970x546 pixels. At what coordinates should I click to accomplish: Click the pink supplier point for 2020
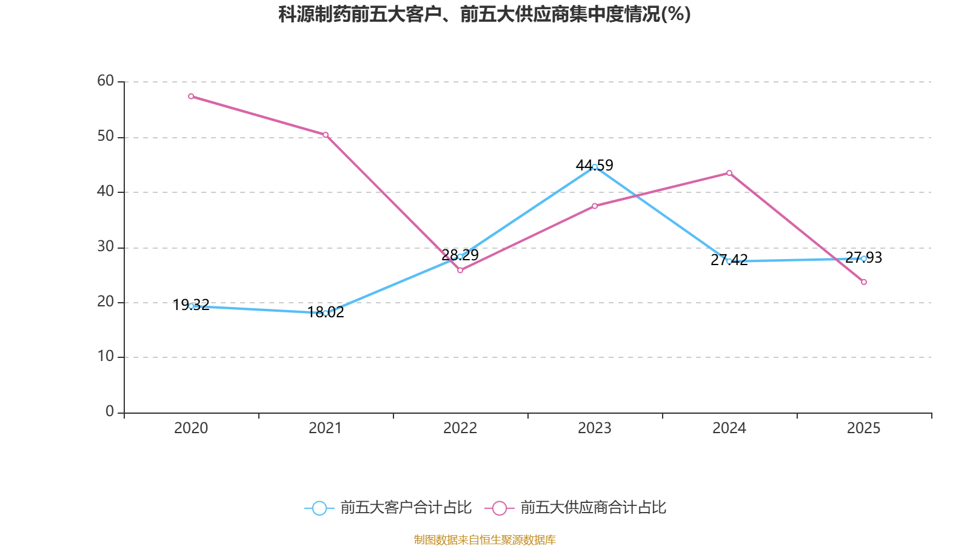[x=191, y=96]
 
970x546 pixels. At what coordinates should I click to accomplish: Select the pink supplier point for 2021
[x=326, y=135]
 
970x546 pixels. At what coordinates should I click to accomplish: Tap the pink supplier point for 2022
[x=460, y=271]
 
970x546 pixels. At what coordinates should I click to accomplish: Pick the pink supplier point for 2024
[x=729, y=173]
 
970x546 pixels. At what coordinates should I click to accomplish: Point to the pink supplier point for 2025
[x=864, y=282]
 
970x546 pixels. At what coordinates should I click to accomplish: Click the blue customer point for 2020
[x=191, y=306]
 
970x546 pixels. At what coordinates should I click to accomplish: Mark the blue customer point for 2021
[x=326, y=313]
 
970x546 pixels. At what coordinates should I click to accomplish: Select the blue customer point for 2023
[x=595, y=167]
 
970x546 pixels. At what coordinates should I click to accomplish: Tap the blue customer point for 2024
[x=729, y=261]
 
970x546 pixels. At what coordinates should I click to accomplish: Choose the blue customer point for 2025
[x=864, y=258]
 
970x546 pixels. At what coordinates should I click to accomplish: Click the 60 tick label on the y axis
[x=105, y=81]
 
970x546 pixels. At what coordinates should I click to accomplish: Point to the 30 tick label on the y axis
[x=105, y=247]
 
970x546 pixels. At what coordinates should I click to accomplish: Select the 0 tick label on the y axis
[x=110, y=412]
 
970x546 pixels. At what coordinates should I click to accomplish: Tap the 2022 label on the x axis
[x=460, y=428]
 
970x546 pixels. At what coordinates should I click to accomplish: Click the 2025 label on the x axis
[x=864, y=428]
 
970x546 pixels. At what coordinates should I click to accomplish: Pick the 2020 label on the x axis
[x=191, y=428]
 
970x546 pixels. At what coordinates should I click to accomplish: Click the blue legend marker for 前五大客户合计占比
[x=319, y=508]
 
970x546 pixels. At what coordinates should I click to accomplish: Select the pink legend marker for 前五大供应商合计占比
[x=500, y=508]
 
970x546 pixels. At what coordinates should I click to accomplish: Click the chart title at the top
[x=484, y=14]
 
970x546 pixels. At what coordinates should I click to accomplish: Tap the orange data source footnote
[x=484, y=539]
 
